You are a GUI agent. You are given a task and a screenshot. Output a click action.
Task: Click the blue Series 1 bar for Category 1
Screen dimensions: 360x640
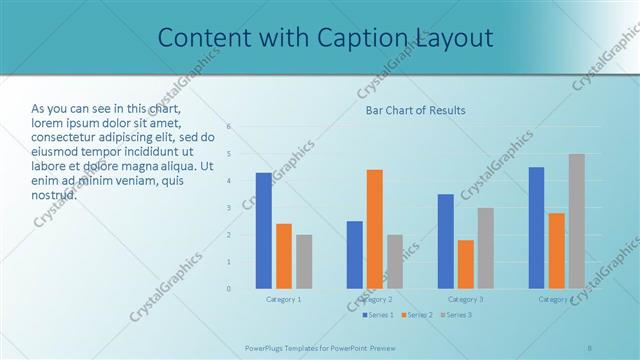264,231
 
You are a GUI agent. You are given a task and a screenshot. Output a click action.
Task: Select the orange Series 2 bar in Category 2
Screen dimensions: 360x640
375,229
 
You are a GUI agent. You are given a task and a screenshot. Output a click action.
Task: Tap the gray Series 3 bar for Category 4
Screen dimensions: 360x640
577,221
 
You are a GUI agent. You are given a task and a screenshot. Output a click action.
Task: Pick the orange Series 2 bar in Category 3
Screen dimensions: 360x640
466,264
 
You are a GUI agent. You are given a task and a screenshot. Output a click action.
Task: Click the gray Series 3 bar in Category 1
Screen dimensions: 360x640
304,262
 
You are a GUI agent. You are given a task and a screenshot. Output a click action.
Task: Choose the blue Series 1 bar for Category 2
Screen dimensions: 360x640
355,255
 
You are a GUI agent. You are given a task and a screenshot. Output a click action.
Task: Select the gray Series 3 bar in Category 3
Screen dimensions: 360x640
486,248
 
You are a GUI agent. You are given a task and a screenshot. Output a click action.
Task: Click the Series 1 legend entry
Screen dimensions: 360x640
377,315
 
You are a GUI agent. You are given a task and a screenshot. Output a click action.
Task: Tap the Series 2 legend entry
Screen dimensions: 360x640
417,315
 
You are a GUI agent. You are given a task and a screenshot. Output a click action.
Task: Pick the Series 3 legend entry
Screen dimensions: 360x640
456,315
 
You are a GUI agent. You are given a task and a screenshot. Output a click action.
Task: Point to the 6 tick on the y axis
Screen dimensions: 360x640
229,127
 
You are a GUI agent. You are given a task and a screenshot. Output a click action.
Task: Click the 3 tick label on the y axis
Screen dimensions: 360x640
229,208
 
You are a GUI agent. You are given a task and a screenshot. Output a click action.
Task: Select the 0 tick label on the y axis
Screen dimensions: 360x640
229,289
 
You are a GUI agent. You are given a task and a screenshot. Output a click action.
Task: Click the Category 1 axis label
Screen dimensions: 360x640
284,299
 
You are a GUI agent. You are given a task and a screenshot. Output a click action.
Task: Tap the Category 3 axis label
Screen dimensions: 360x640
466,299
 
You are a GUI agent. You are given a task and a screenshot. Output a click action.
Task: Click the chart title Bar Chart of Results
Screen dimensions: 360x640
415,110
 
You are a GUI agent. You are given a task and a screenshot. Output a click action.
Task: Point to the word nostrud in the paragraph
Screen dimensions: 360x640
54,194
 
